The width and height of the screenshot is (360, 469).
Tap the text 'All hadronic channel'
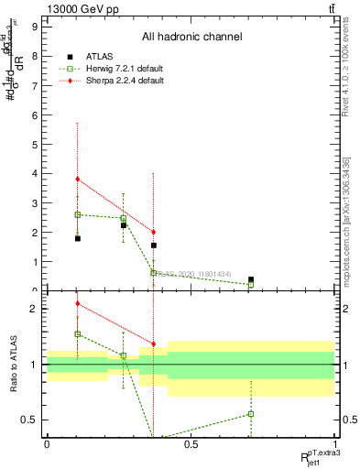tap(191, 38)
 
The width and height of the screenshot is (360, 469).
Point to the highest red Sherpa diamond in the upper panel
tap(78, 180)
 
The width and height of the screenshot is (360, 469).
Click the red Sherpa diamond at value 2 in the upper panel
tap(153, 232)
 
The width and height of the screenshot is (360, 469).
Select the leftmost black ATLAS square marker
tap(78, 238)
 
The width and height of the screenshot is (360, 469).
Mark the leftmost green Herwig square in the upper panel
tap(78, 214)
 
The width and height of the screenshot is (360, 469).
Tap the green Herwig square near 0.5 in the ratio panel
tap(251, 414)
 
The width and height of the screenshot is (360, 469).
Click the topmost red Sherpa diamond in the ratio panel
tap(78, 303)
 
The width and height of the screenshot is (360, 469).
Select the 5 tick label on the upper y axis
tap(33, 144)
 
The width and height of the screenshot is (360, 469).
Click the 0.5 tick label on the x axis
tap(191, 444)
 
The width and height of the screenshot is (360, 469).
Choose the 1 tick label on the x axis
tap(335, 444)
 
